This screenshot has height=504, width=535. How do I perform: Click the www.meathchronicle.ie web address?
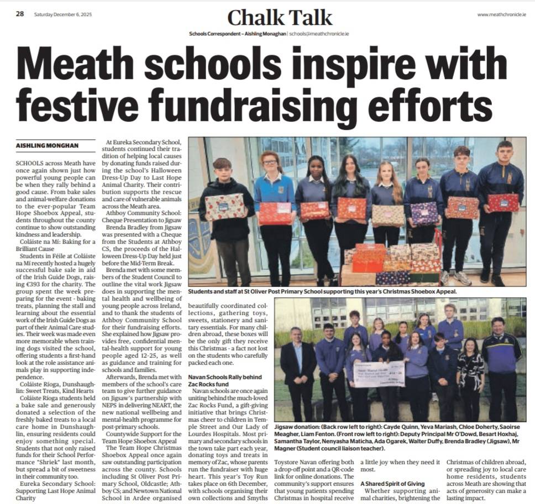point(501,14)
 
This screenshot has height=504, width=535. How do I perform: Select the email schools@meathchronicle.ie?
point(319,34)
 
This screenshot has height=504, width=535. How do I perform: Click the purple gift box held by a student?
point(424,213)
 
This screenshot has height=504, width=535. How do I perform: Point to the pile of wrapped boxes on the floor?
point(392,264)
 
